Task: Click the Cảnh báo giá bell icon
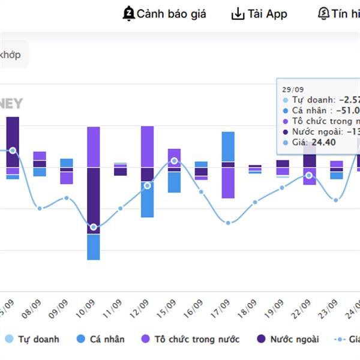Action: (x=128, y=13)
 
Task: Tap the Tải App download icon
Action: (x=238, y=14)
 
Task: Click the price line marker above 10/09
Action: (x=94, y=227)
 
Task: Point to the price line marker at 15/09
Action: (x=174, y=161)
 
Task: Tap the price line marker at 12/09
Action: (x=148, y=185)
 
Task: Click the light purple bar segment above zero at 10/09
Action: (x=94, y=146)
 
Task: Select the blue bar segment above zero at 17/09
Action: (x=228, y=146)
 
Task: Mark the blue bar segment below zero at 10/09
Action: (x=94, y=247)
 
